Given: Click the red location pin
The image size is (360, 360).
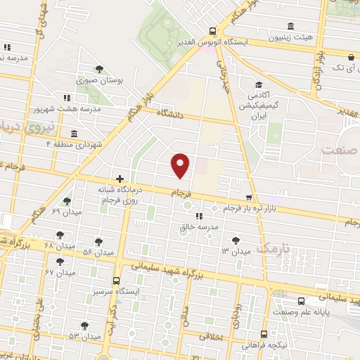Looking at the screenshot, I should pyautogui.click(x=181, y=165).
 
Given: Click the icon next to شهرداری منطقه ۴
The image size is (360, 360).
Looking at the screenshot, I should pyautogui.click(x=74, y=134).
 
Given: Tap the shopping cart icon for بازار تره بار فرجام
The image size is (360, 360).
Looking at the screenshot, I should pyautogui.click(x=248, y=198).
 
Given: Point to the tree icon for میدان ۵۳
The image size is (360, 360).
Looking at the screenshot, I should pyautogui.click(x=84, y=325).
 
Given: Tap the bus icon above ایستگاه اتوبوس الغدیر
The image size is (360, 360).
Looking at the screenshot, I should pyautogui.click(x=213, y=30).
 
